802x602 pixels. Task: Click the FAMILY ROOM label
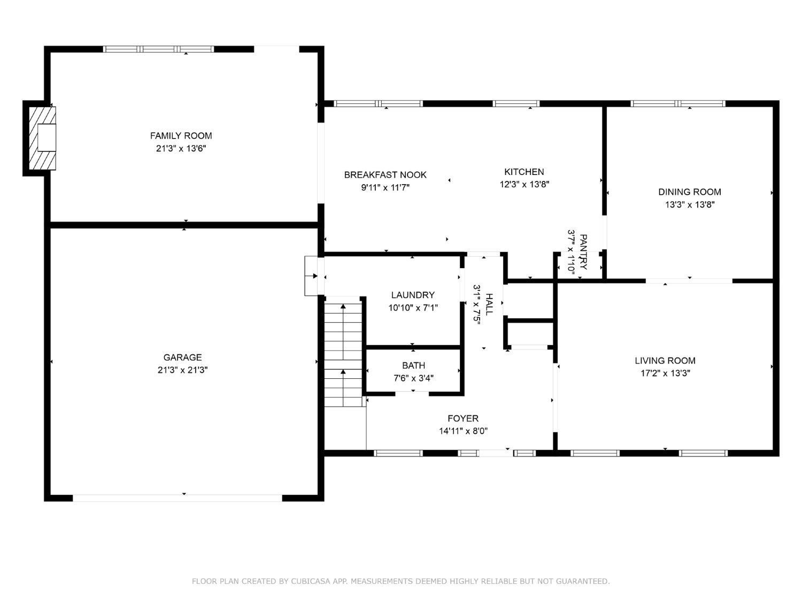point(181,135)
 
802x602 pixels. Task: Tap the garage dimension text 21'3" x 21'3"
point(182,370)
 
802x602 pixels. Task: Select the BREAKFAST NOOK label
point(385,175)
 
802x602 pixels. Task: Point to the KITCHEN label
point(524,172)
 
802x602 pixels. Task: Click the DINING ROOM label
point(690,192)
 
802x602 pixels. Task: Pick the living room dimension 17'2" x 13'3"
point(665,373)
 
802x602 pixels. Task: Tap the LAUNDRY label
point(413,295)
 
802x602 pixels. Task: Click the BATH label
point(413,365)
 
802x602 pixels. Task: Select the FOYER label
point(463,418)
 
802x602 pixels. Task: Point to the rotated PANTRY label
point(583,252)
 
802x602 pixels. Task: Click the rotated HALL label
point(489,304)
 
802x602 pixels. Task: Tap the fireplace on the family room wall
point(42,138)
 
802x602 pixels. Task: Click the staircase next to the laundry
point(343,352)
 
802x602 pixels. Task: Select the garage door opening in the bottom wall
point(177,498)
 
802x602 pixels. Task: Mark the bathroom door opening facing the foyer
point(412,394)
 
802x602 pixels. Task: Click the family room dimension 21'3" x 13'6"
point(181,148)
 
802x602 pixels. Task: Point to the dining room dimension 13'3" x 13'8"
point(690,204)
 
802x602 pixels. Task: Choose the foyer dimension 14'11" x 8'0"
point(463,431)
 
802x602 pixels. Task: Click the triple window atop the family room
point(158,49)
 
